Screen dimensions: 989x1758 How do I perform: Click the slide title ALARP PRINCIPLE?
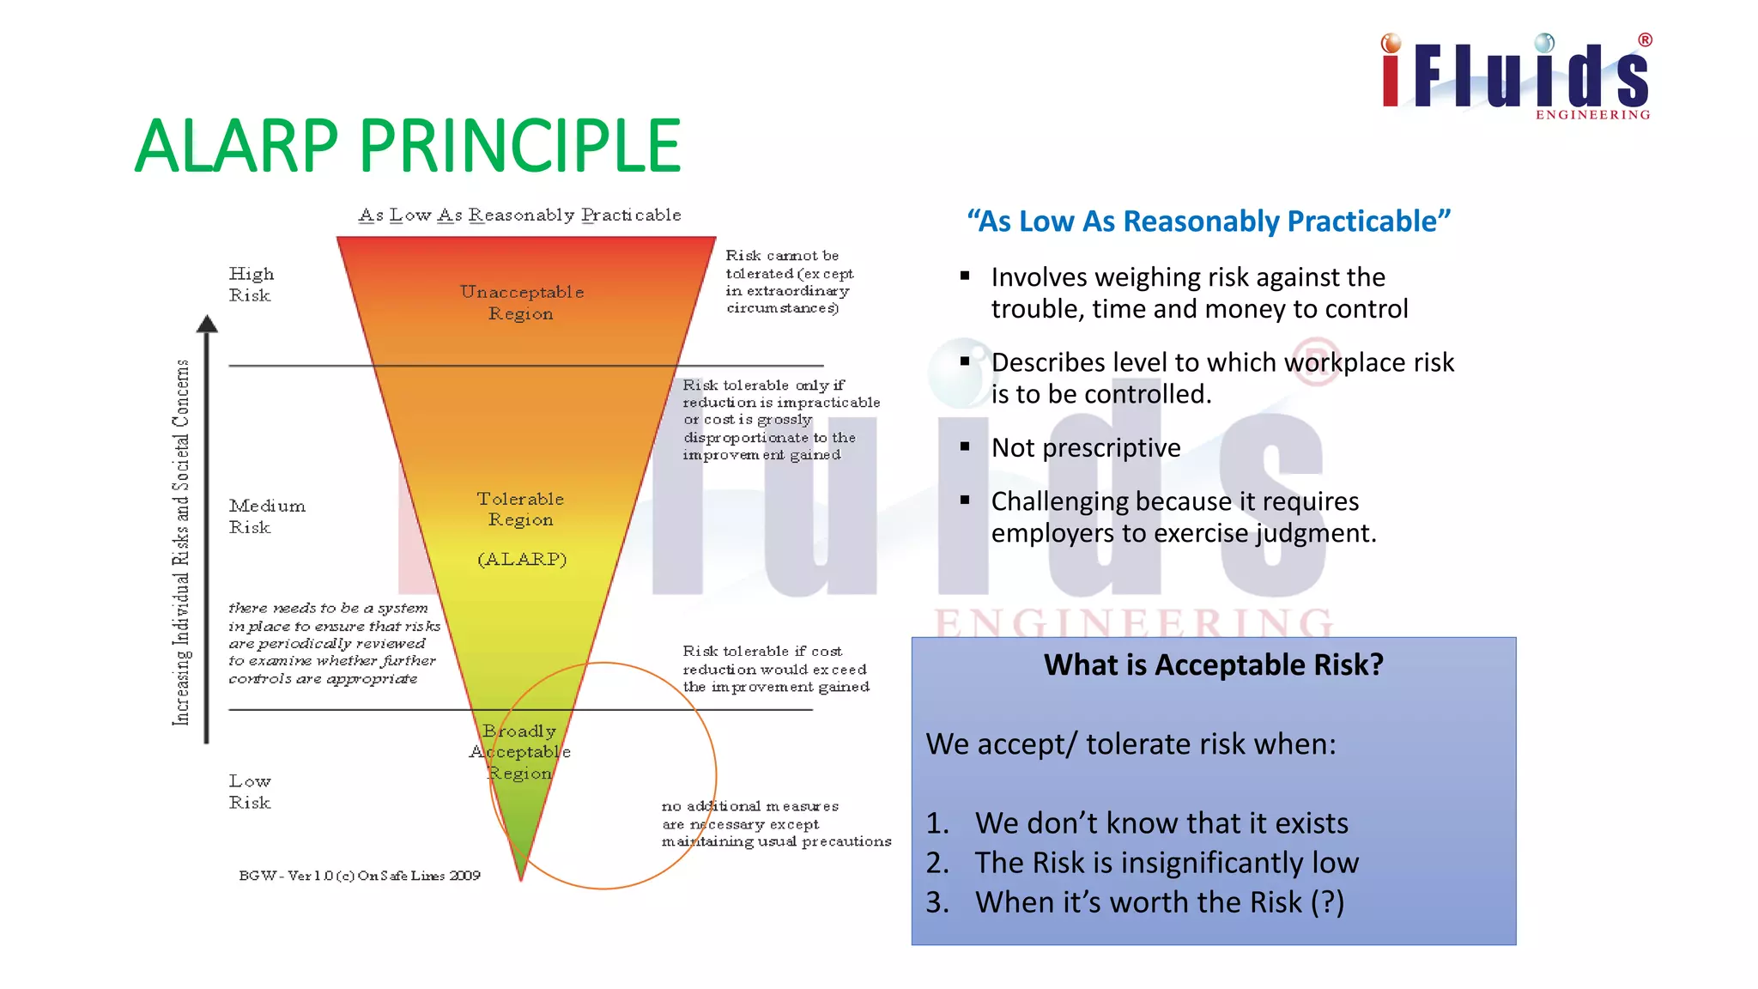tap(408, 146)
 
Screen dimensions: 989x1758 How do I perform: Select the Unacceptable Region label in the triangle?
tap(521, 302)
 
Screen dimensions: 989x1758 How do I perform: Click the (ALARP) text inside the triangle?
tap(522, 559)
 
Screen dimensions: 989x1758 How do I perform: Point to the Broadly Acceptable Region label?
tap(519, 752)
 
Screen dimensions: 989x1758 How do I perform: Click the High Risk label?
tap(251, 284)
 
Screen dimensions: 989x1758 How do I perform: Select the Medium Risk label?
tap(266, 516)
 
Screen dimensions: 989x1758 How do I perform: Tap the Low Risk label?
tap(250, 792)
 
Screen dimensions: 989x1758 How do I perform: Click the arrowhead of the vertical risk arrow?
tap(207, 324)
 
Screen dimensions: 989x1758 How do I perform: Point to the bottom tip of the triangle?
tap(521, 877)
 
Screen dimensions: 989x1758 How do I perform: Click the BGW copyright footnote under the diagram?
tap(359, 876)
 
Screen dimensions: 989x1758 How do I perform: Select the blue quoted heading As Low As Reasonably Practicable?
tap(1209, 221)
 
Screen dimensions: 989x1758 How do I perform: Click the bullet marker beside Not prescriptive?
tap(965, 447)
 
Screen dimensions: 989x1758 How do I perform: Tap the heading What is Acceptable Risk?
tap(1213, 664)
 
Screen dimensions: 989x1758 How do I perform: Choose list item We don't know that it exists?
tap(1161, 822)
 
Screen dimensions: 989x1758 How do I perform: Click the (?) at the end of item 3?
tap(1327, 902)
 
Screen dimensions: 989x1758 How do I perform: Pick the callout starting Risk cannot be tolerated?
tap(788, 282)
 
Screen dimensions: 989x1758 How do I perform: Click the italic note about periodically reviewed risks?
tap(333, 643)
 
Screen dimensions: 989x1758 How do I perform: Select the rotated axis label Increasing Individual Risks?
tap(181, 543)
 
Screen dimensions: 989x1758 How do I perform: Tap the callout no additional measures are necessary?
tap(775, 823)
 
